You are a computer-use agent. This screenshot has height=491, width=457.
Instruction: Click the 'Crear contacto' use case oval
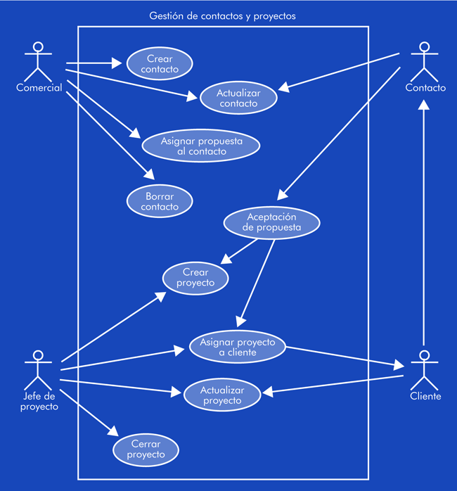160,64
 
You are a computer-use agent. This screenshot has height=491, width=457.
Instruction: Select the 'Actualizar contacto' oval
238,98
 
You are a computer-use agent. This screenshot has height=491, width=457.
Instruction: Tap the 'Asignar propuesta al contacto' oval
201,146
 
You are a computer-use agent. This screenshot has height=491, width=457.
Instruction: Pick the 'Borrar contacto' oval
160,201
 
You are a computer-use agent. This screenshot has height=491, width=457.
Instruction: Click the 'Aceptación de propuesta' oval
271,222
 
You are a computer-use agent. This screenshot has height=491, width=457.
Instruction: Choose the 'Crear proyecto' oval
195,277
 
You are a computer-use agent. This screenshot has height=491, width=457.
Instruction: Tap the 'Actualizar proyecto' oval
221,395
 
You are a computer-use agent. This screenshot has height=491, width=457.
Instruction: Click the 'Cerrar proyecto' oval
146,449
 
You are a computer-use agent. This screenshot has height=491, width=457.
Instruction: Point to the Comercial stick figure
38,60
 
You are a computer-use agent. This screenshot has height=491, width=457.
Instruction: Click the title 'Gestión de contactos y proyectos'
223,15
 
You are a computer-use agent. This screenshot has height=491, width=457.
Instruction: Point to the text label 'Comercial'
39,88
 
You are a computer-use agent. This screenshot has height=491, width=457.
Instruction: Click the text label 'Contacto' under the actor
425,88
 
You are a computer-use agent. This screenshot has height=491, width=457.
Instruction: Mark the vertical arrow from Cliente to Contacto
424,225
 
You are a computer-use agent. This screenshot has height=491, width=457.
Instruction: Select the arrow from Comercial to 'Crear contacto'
95,63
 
